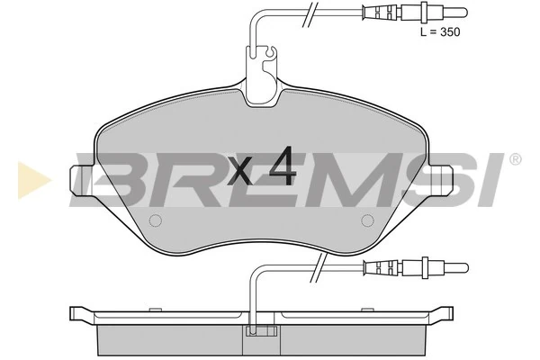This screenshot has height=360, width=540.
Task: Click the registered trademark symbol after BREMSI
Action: tap(515, 159)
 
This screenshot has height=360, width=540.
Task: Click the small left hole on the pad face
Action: tap(154, 221)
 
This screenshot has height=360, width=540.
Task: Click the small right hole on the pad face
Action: tap(366, 221)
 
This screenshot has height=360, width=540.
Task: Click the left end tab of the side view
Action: tap(81, 316)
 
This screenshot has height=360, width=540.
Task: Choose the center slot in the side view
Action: tap(260, 332)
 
